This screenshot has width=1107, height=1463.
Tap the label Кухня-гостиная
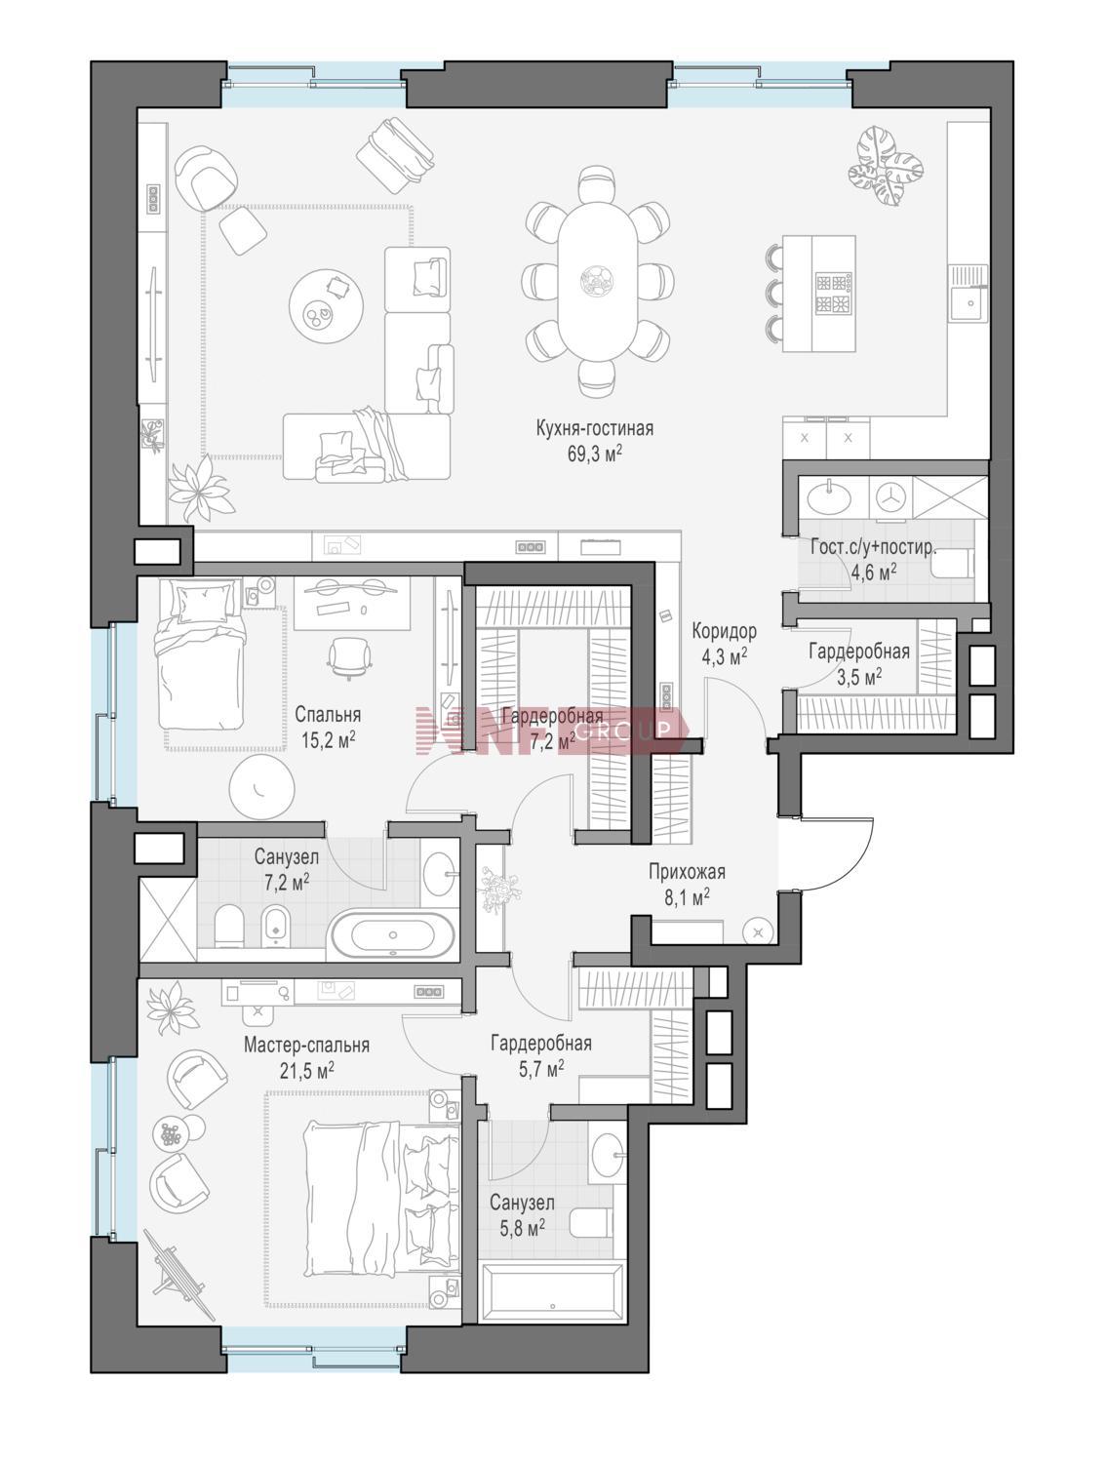(595, 428)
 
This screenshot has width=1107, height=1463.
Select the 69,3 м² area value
(595, 454)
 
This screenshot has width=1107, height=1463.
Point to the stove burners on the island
(832, 294)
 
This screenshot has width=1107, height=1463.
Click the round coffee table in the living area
(326, 306)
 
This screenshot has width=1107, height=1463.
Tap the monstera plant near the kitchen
(886, 165)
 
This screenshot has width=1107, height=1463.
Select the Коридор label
(724, 630)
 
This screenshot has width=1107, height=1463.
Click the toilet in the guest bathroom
(953, 563)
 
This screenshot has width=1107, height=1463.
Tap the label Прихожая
(687, 872)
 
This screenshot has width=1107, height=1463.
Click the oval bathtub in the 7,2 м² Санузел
(392, 934)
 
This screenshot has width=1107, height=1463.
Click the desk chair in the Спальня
(348, 657)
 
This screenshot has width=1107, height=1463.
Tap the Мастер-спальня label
(306, 1045)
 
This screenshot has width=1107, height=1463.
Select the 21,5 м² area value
(306, 1070)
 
